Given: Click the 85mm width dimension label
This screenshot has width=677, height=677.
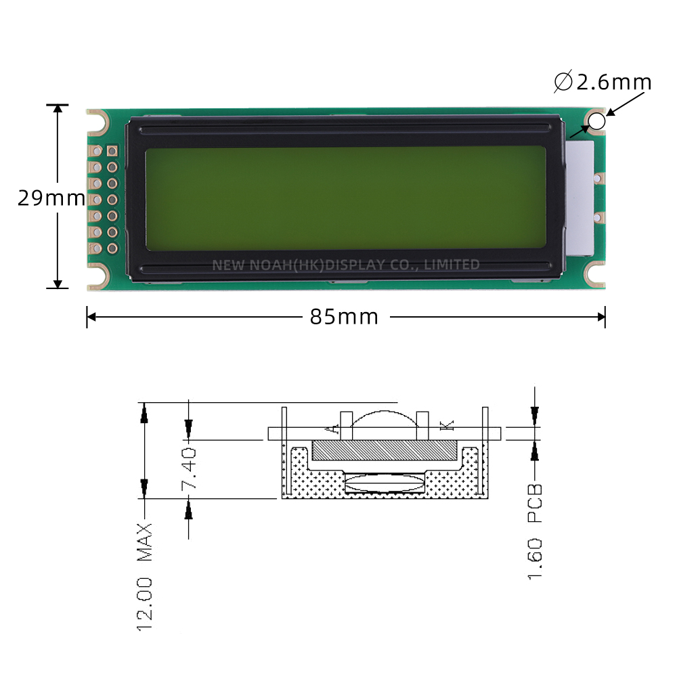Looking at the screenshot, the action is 344,316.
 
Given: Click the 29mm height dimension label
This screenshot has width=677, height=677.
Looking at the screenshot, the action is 51,198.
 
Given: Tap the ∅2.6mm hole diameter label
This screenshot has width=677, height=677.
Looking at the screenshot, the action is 603,81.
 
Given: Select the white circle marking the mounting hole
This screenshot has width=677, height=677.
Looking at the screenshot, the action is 596,121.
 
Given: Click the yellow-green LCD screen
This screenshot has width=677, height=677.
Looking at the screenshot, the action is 345,198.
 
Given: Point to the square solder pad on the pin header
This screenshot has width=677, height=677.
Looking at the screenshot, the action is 112,151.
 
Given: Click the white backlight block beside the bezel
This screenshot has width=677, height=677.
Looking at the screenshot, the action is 580,198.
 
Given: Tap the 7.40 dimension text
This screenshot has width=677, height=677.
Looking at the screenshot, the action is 189,469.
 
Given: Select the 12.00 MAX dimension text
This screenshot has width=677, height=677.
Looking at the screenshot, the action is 145,577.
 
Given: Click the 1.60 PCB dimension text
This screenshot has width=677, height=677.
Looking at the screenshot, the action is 535,531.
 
